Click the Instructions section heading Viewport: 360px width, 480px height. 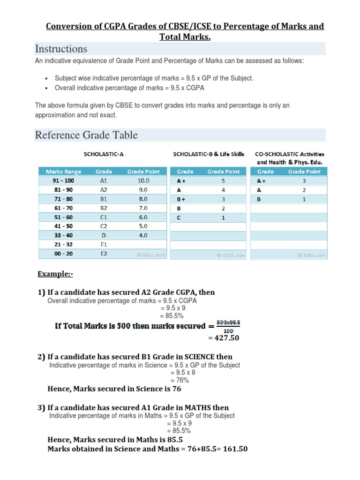tap(61, 49)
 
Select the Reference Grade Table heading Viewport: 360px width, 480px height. tap(86, 135)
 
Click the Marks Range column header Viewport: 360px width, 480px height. tap(63, 172)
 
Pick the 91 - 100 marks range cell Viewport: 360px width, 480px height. tap(63, 180)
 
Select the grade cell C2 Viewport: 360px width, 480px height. tap(104, 226)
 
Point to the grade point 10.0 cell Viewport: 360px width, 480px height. tap(143, 180)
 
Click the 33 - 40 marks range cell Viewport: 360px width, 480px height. tap(63, 235)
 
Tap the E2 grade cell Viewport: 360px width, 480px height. tap(104, 254)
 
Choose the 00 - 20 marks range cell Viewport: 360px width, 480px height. tap(63, 254)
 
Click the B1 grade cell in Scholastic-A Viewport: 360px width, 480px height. tap(104, 199)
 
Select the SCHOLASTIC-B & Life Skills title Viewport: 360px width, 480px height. tap(209, 154)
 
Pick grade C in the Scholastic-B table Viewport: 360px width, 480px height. tap(179, 217)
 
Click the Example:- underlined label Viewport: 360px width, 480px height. tap(55, 274)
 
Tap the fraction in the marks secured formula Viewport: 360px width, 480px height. tap(228, 326)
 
